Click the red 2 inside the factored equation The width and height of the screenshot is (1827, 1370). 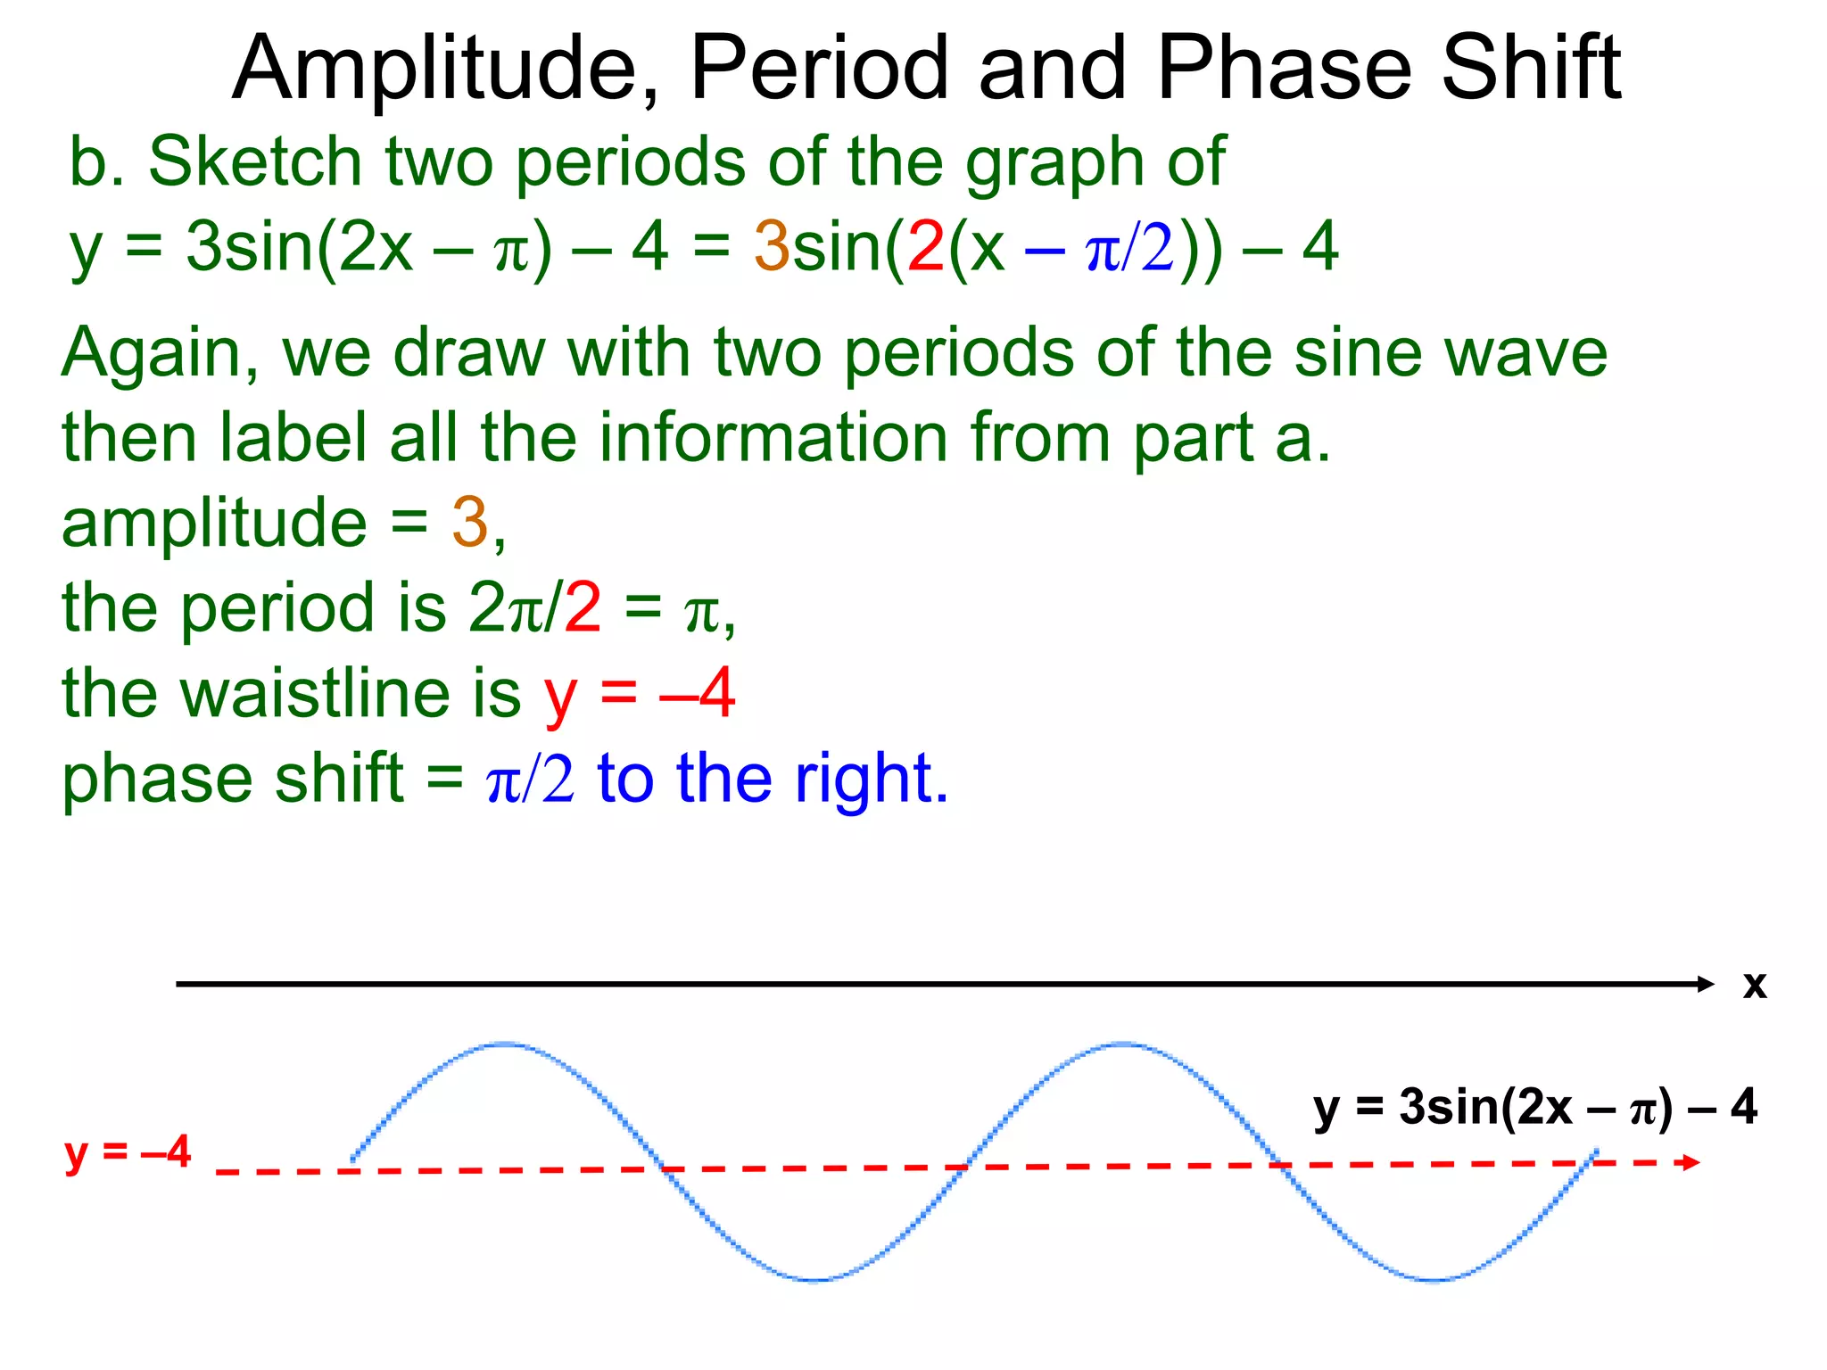click(x=926, y=247)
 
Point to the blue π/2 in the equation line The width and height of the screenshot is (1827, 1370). click(x=1129, y=250)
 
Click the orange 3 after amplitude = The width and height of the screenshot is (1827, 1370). click(x=470, y=523)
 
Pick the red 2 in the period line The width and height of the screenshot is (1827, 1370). click(x=583, y=608)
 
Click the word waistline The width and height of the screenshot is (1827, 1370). click(x=351, y=694)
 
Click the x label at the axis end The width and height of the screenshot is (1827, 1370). click(x=1754, y=985)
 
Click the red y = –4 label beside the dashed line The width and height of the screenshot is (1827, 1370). click(x=128, y=1151)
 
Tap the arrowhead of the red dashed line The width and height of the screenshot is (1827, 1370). click(x=1689, y=1162)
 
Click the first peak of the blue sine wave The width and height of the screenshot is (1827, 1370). click(x=506, y=1044)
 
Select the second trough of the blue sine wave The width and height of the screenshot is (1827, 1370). click(x=1434, y=1280)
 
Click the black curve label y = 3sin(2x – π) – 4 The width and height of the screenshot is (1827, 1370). click(x=1534, y=1108)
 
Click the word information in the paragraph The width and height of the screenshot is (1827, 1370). click(x=771, y=438)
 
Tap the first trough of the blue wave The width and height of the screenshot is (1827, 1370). click(x=815, y=1280)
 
